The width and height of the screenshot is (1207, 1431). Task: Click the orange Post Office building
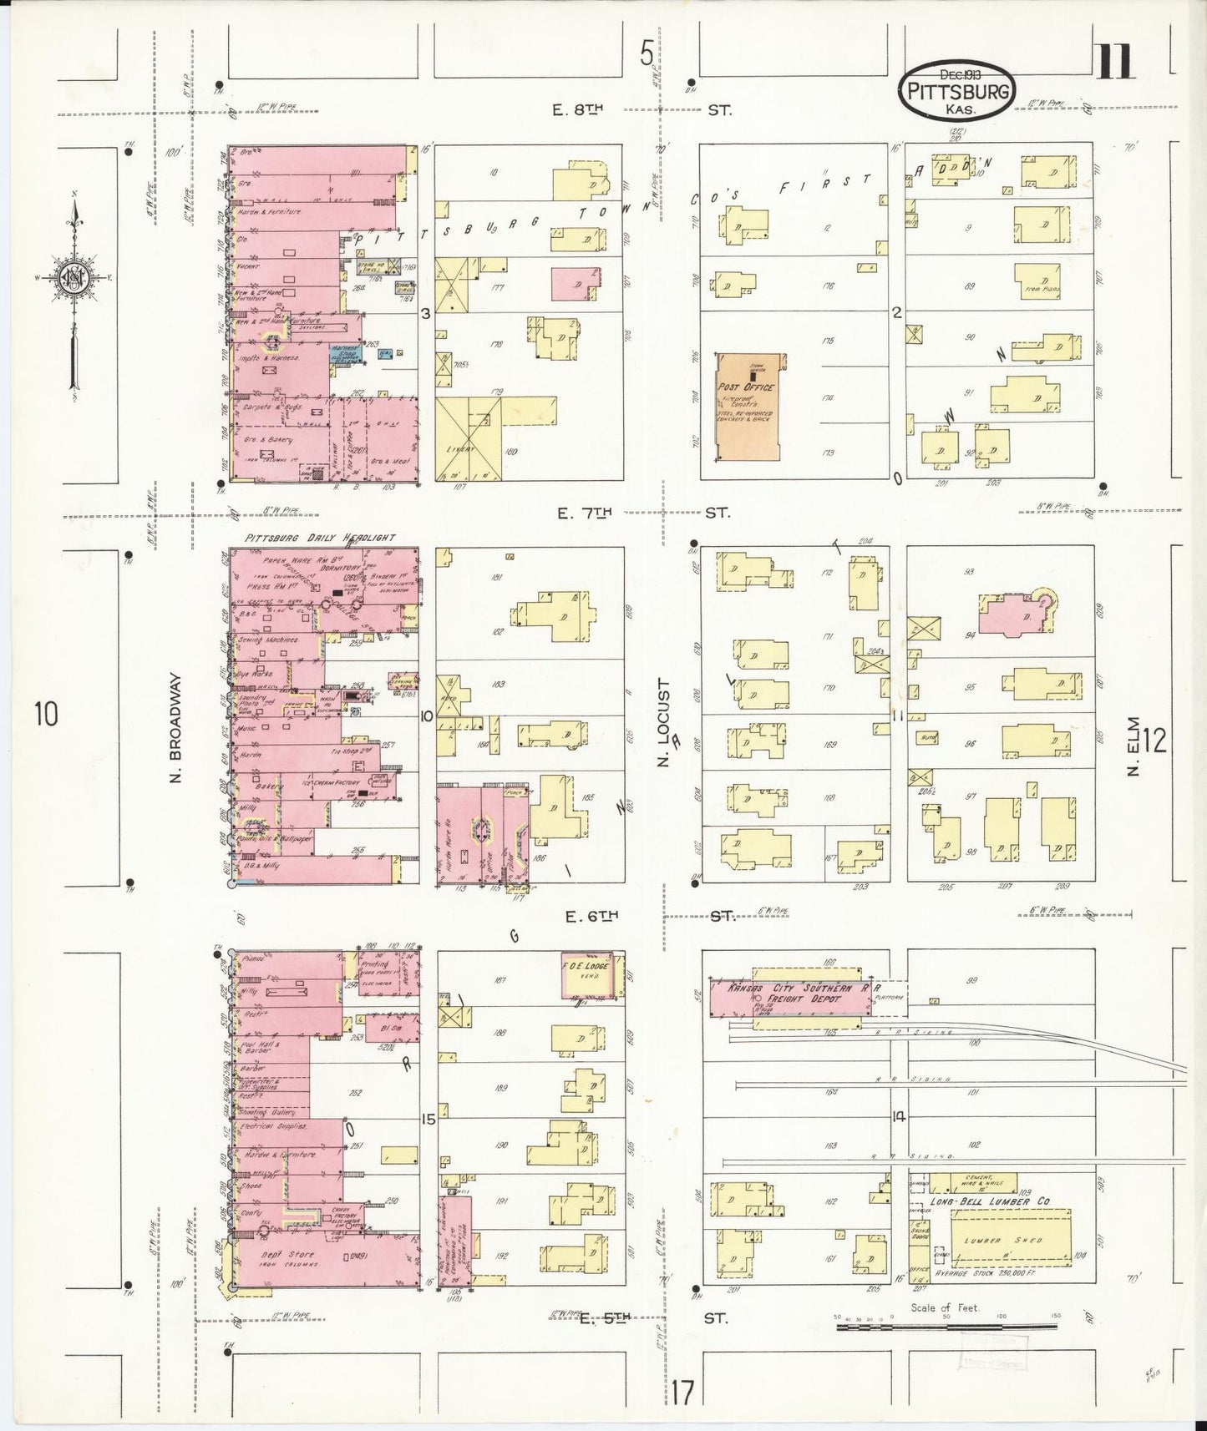click(748, 406)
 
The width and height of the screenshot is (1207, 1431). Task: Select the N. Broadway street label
click(176, 728)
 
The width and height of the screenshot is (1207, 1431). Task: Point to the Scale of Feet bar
click(946, 1324)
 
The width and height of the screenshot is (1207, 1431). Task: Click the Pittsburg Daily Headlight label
click(320, 539)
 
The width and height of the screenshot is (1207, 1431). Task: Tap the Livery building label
click(461, 448)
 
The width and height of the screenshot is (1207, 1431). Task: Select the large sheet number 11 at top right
click(1113, 62)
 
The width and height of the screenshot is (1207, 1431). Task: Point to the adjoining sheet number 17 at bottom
click(682, 1393)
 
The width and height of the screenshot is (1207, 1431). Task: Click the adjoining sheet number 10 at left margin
click(47, 715)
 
